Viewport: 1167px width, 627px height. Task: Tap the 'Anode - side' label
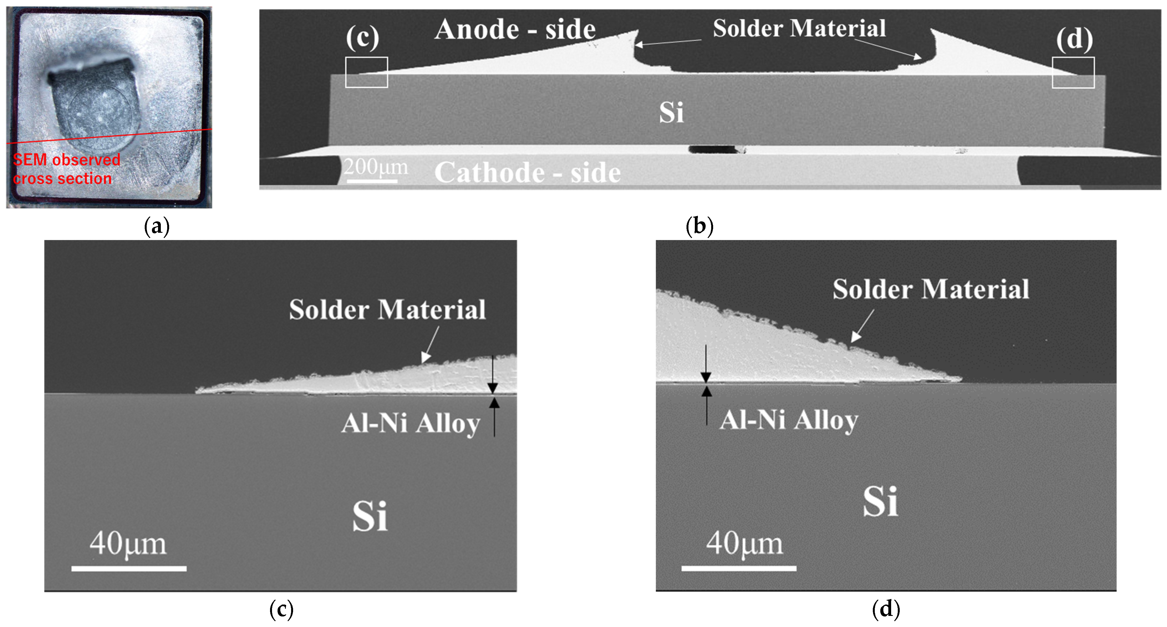click(x=515, y=30)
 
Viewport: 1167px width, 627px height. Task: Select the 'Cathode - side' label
click(x=527, y=173)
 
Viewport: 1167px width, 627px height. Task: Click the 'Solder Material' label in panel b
click(x=799, y=29)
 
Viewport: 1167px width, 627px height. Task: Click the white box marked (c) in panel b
click(x=367, y=72)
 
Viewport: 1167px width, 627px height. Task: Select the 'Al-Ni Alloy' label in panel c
click(x=410, y=424)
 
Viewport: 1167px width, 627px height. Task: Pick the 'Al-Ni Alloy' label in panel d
click(x=789, y=420)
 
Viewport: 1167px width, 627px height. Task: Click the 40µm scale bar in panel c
click(x=129, y=568)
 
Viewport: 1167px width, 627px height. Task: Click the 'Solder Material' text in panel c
click(x=387, y=310)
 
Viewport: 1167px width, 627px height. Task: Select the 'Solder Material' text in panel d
click(x=931, y=290)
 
